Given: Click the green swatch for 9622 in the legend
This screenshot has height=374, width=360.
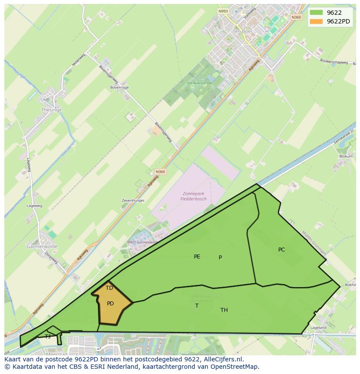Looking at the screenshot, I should coord(317,13).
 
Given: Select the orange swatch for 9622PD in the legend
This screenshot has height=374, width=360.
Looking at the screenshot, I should coord(317,21).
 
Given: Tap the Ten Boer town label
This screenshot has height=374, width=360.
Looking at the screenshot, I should coord(243,32).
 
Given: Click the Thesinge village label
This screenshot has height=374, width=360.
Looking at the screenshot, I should coord(51,110).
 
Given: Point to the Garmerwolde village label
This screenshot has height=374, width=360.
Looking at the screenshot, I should coord(42,246).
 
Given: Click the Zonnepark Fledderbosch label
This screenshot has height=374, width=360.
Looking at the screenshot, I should coord(193,196).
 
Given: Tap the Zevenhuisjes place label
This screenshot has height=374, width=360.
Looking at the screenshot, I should coord(133,201).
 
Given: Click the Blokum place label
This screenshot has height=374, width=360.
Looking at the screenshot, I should coord(346,156).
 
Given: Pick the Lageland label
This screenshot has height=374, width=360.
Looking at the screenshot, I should coord(318,328).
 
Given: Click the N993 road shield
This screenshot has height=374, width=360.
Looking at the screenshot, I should coord(223,11).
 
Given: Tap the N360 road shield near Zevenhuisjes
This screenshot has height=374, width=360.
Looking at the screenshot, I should coord(160,172).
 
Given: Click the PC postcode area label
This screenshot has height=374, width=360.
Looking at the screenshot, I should coord(281,250).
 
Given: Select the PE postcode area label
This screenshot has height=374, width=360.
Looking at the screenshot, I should coord(197,257).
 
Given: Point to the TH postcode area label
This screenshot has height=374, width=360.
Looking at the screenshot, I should coord(224,310).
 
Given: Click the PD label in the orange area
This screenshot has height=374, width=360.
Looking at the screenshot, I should coord(110,304).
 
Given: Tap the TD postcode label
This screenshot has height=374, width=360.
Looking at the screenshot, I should coord(109,288).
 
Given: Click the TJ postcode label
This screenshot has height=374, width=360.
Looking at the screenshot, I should coord(48,336).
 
